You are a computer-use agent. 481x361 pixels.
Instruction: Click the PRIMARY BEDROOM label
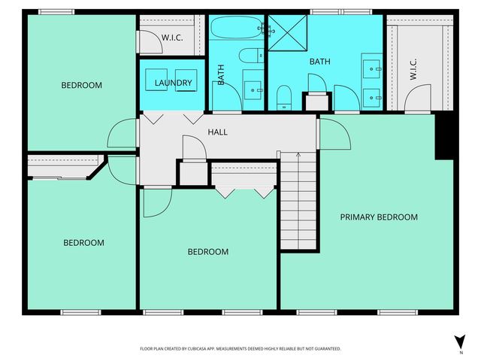378,217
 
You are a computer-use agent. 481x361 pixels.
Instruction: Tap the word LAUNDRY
174,83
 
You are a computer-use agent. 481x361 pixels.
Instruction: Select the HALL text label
217,132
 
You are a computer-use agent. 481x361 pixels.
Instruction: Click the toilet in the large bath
284,97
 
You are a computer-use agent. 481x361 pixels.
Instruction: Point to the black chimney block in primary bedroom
445,136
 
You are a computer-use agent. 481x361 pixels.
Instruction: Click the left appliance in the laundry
160,84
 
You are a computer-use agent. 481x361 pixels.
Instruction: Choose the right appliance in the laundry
187,84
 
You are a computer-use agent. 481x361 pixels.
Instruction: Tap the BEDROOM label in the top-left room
81,85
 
